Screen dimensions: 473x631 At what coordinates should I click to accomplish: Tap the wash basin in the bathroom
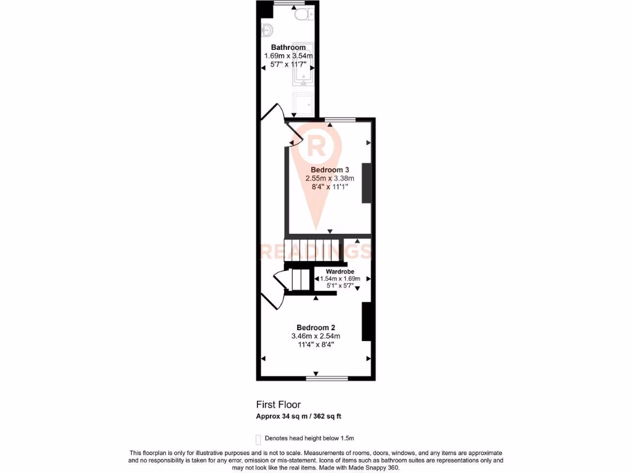tap(267, 29)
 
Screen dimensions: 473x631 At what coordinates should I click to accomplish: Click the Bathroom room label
tap(288, 47)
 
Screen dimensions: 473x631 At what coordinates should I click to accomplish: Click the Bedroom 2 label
tap(315, 327)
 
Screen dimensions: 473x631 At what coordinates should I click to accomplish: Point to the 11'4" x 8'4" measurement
tap(315, 345)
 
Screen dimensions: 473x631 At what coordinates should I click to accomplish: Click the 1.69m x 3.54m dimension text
tap(288, 56)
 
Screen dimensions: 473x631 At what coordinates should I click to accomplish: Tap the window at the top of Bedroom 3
tap(340, 119)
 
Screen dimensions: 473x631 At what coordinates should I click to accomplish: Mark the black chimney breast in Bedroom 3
tap(367, 183)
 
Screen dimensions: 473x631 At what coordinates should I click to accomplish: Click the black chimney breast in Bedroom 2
tap(366, 322)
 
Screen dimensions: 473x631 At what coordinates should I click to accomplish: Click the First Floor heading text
tap(279, 405)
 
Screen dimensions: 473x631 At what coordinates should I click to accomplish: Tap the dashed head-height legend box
tap(259, 439)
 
